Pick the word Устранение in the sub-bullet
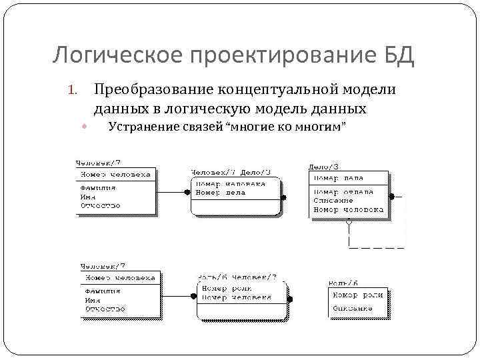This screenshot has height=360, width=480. (x=143, y=127)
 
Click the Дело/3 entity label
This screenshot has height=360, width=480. (x=323, y=166)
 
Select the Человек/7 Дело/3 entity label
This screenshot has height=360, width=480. (x=225, y=171)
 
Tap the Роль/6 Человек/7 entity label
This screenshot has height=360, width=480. (x=232, y=277)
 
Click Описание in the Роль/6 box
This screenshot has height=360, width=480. (x=353, y=309)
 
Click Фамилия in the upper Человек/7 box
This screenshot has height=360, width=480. (x=99, y=188)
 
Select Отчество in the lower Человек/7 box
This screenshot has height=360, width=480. (x=105, y=309)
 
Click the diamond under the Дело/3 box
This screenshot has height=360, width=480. (x=347, y=223)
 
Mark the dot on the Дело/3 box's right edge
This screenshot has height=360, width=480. (x=392, y=196)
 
